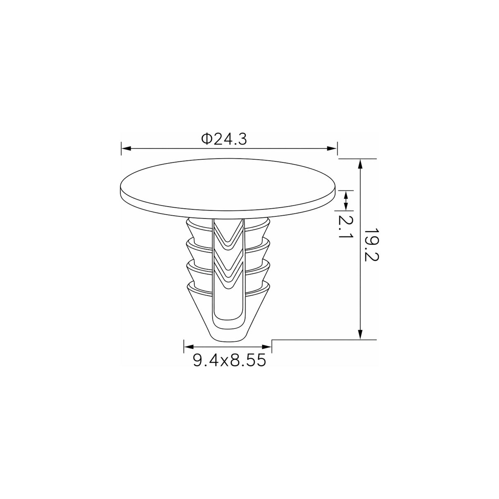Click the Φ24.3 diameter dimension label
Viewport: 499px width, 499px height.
point(224,139)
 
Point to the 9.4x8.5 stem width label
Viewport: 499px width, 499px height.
point(229,360)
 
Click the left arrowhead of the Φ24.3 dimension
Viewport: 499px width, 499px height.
point(126,149)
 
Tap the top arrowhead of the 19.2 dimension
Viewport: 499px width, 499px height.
point(360,164)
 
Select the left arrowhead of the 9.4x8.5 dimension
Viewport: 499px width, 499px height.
point(189,347)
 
